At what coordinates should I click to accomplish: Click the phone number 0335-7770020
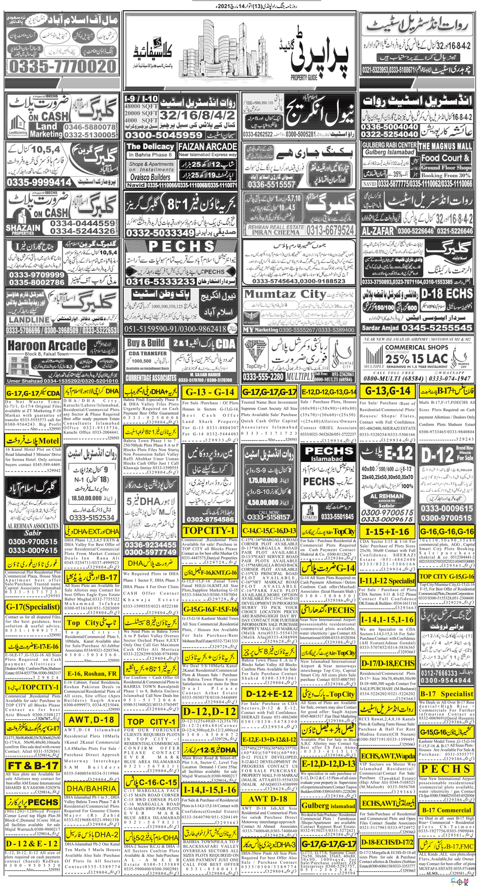tap(62, 66)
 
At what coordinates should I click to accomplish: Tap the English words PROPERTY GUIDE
tap(304, 77)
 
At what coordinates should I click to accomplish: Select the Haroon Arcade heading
tap(47, 346)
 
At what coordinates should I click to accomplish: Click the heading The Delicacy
tap(150, 146)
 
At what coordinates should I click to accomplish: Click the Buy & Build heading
tap(146, 343)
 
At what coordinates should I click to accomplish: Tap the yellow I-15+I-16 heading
tap(387, 532)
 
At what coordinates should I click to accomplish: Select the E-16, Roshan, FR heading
tap(91, 673)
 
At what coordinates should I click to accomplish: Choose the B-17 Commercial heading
tap(446, 810)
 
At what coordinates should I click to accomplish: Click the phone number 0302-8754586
tap(210, 519)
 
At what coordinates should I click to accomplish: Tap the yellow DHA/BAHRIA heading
tap(91, 788)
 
